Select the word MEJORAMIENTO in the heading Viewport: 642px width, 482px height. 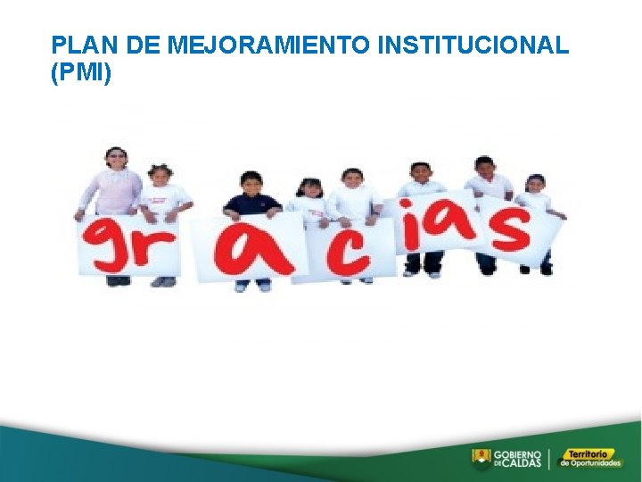[x=270, y=46]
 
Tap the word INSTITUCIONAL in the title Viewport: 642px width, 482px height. [x=473, y=46]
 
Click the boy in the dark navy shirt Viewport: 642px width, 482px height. [x=252, y=201]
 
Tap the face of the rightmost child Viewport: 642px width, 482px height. [x=535, y=184]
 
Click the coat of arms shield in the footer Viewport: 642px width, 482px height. [x=481, y=459]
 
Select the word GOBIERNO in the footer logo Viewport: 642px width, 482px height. [x=516, y=454]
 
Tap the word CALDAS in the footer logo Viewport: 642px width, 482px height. [x=523, y=464]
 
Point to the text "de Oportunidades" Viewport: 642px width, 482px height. [x=589, y=464]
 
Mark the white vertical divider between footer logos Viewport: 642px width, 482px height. [x=549, y=459]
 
